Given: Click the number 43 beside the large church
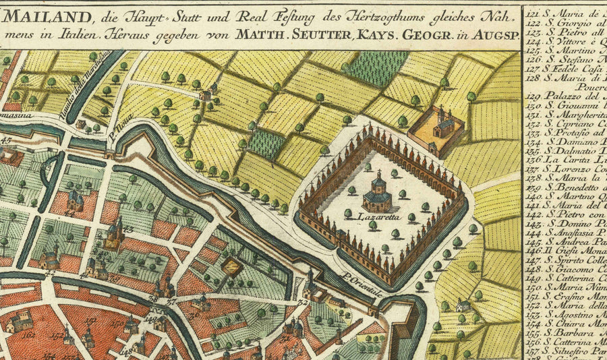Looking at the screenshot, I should pyautogui.click(x=127, y=229).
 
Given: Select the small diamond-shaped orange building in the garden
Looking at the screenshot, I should pyautogui.click(x=233, y=266).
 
